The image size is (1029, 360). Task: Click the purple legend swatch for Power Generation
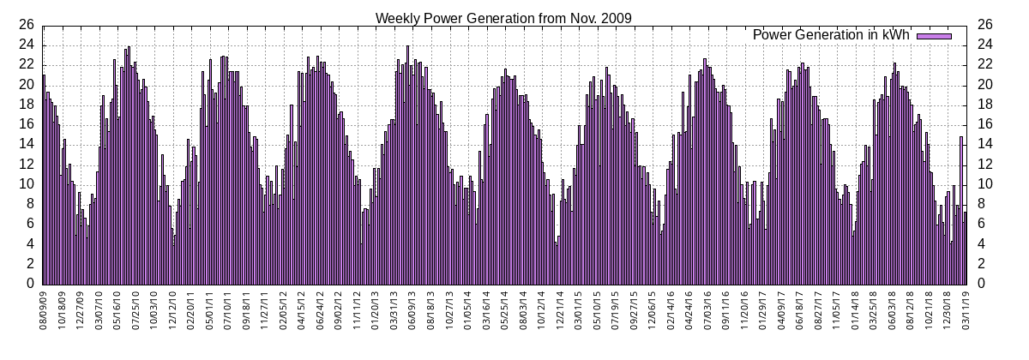(x=935, y=35)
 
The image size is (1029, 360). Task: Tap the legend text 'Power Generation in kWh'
(x=830, y=35)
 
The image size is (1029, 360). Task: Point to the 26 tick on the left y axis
(x=27, y=25)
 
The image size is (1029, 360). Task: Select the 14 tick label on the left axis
(x=27, y=144)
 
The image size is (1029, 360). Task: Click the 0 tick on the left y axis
(x=31, y=284)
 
